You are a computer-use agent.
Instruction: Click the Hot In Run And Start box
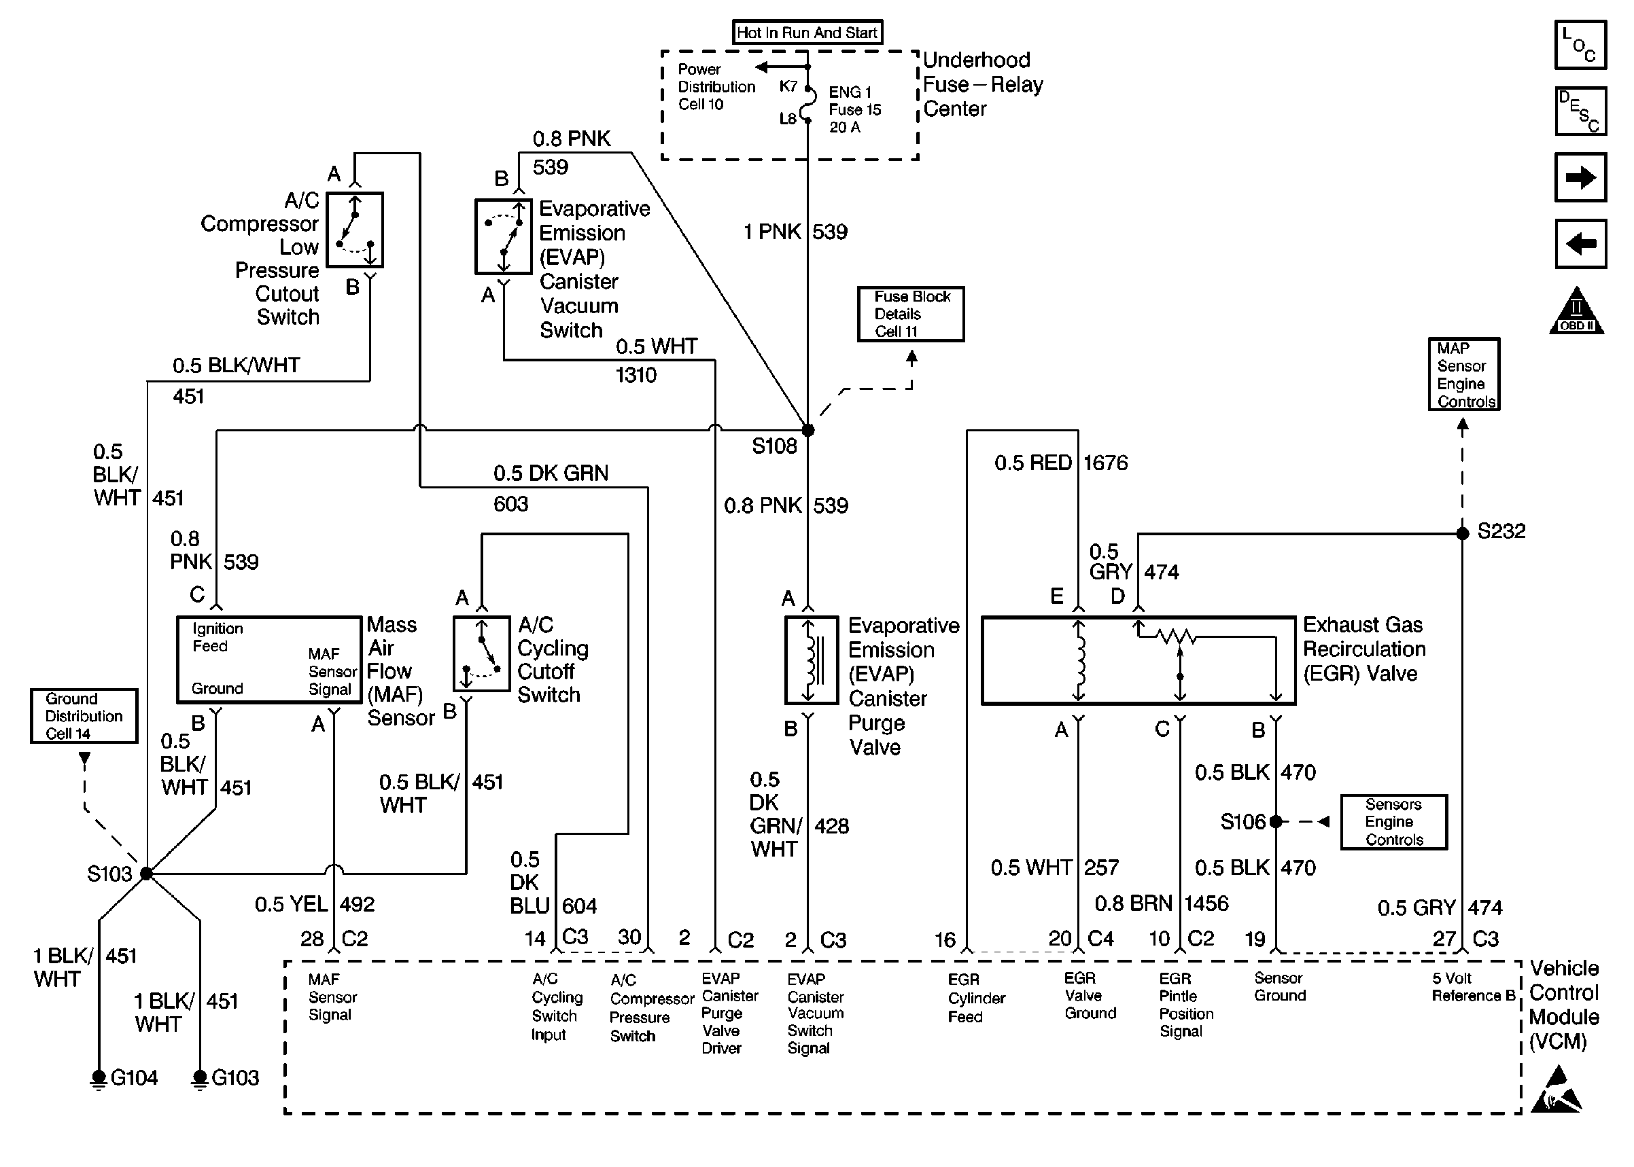pyautogui.click(x=807, y=33)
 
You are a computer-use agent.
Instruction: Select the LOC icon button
pyautogui.click(x=1580, y=46)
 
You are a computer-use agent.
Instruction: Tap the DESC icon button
pyautogui.click(x=1580, y=111)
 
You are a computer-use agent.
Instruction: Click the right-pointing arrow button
pyautogui.click(x=1580, y=177)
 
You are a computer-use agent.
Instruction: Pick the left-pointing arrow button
pyautogui.click(x=1580, y=244)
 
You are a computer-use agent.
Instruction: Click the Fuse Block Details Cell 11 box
pyautogui.click(x=910, y=314)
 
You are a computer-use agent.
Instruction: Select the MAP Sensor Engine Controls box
pyautogui.click(x=1463, y=374)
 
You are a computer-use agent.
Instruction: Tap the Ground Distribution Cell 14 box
pyautogui.click(x=84, y=716)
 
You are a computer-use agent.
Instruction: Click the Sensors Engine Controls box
pyautogui.click(x=1393, y=822)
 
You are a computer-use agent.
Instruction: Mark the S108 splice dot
pyautogui.click(x=807, y=431)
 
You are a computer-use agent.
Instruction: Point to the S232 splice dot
pyautogui.click(x=1462, y=533)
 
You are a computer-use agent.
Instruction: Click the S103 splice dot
pyautogui.click(x=147, y=874)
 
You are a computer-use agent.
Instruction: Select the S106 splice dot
pyautogui.click(x=1275, y=821)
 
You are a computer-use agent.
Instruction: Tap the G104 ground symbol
pyautogui.click(x=99, y=1079)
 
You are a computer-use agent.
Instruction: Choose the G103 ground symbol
pyautogui.click(x=200, y=1079)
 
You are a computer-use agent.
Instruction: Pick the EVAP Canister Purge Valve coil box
pyautogui.click(x=811, y=660)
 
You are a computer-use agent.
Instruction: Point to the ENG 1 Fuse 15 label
pyautogui.click(x=854, y=109)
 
